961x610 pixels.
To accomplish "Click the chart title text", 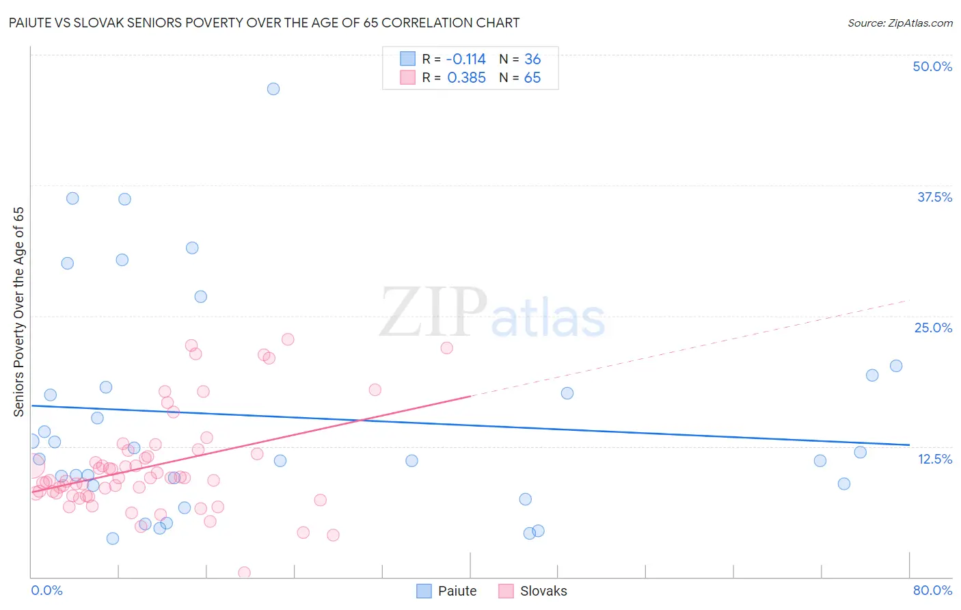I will point(264,23).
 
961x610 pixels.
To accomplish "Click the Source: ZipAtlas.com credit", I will point(899,23).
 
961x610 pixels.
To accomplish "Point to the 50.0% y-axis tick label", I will point(932,66).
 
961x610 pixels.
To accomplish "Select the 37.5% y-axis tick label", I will point(934,197).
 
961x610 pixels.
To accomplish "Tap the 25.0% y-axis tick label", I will point(933,328).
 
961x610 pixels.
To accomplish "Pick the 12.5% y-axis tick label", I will point(934,459).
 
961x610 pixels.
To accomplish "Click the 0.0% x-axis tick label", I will point(46,590).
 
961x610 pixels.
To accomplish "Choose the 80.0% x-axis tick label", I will point(932,590).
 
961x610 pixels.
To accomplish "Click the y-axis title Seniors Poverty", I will point(18,312).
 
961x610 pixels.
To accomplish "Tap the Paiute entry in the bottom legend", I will point(447,591).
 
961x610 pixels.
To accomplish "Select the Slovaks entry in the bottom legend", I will point(533,591).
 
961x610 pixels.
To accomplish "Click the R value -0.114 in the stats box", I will point(466,59).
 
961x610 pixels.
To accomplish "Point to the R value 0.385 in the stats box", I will point(466,78).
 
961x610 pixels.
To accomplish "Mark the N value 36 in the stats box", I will point(532,59).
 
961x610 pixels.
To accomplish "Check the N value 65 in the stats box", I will point(532,78).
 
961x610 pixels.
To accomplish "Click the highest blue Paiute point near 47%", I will point(273,89).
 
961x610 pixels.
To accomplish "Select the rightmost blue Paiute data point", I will point(896,366).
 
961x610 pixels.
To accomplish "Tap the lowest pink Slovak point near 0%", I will point(244,572).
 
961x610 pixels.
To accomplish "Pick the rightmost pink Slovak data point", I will point(447,347).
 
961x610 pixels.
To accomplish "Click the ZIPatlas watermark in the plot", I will point(492,313).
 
